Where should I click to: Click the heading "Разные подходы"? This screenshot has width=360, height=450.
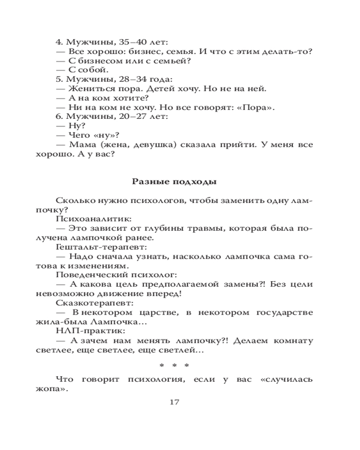tap(175, 182)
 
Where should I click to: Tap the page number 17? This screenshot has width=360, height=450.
tap(174, 402)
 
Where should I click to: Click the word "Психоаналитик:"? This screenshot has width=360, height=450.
tap(93, 219)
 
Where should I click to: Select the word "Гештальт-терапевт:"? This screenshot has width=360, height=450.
tap(102, 247)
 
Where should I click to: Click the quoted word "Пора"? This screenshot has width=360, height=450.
tap(256, 107)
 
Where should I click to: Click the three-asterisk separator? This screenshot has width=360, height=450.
tap(175, 365)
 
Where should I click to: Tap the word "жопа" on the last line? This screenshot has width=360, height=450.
tap(49, 389)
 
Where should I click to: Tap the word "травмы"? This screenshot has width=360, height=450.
tap(206, 228)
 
